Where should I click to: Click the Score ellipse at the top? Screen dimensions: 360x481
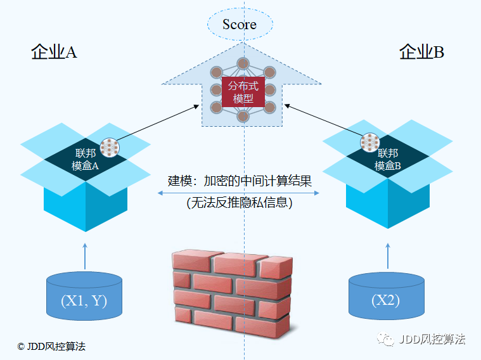[x=240, y=25]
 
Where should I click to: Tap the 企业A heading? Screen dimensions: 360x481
[x=54, y=53]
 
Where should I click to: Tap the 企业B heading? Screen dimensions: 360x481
[x=421, y=53]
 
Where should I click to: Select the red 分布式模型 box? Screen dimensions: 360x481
[x=243, y=92]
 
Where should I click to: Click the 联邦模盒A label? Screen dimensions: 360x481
[x=86, y=159]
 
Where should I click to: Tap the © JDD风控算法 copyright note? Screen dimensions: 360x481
[x=51, y=346]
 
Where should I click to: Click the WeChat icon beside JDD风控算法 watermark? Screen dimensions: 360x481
[x=386, y=340]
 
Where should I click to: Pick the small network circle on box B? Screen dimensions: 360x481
[x=369, y=143]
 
